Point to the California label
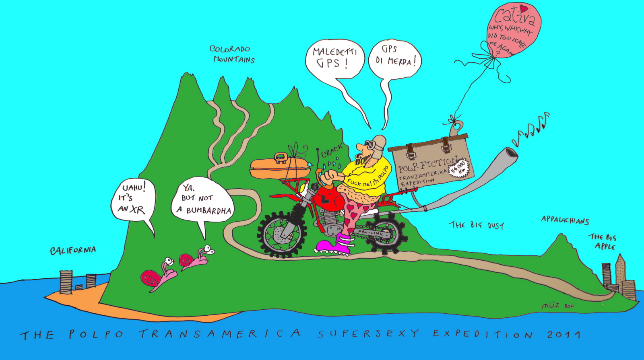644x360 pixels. coord(73,250)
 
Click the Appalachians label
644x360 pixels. coord(565,220)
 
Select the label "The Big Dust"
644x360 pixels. coord(476,225)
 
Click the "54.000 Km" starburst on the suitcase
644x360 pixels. coord(459,168)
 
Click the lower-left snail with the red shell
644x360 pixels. coord(155,278)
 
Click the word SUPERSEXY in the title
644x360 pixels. coord(368,334)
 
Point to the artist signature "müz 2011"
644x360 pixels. coord(558,306)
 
